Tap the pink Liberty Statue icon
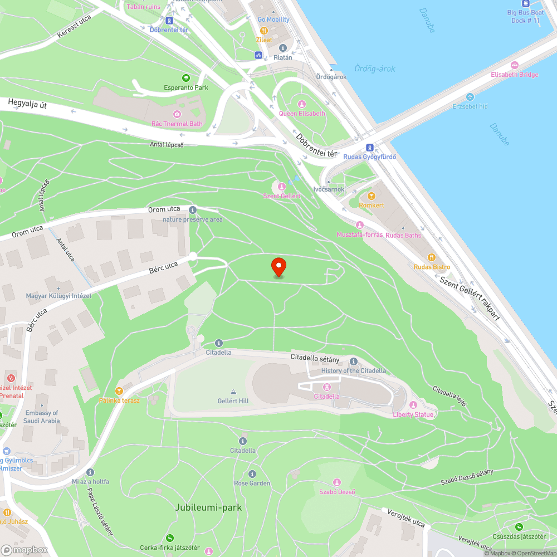click(413, 405)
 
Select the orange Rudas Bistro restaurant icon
click(431, 257)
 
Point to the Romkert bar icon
click(372, 196)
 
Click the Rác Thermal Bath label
click(177, 123)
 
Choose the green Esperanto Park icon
click(185, 78)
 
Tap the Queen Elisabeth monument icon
click(302, 104)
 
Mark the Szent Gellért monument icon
click(282, 187)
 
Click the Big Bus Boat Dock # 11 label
click(525, 17)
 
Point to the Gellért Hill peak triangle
click(233, 392)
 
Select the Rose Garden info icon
click(252, 473)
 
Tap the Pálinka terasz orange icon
click(119, 391)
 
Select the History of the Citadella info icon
click(354, 361)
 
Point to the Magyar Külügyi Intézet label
click(58, 296)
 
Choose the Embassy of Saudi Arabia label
click(42, 417)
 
